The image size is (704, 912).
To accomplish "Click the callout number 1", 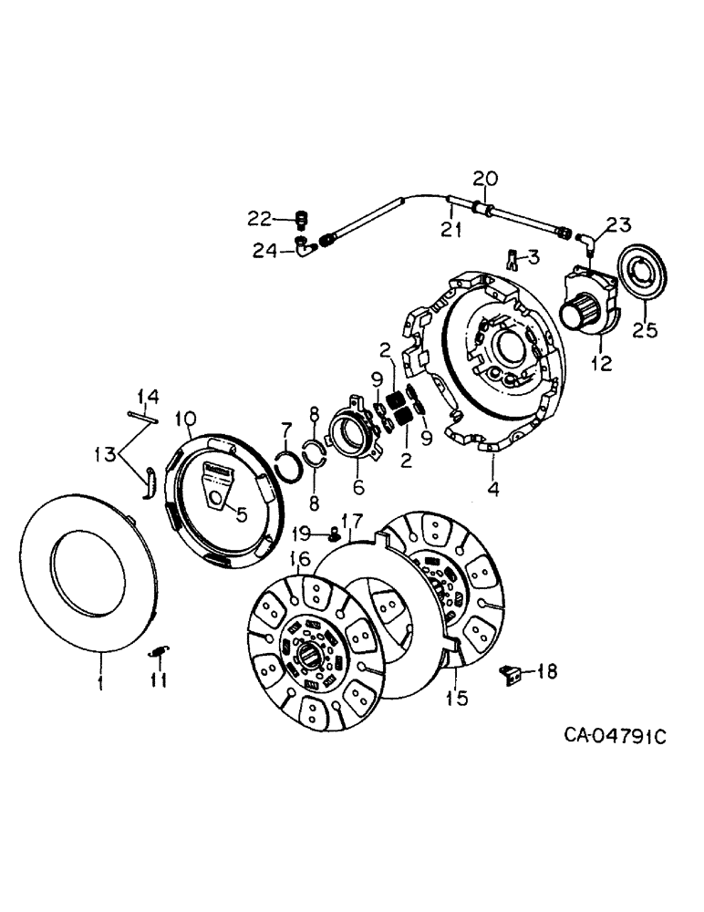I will [100, 682].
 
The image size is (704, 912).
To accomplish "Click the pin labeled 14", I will [145, 419].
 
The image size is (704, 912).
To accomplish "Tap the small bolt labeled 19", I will [335, 533].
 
